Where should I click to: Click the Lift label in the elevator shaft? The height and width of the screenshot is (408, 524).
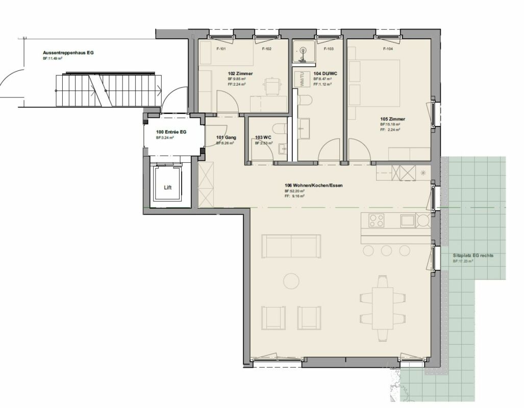[168, 187]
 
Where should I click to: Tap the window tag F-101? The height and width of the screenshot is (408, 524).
[221, 49]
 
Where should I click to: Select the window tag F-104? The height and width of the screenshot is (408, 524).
[388, 49]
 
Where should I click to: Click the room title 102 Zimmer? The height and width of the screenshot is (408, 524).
[240, 73]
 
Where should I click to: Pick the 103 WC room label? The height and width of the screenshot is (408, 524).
[263, 137]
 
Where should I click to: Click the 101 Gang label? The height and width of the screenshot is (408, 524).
[225, 137]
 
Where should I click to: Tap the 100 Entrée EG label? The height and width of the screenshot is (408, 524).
[171, 132]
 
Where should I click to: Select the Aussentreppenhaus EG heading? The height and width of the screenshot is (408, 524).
[68, 53]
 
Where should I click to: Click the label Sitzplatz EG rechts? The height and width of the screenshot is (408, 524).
[473, 256]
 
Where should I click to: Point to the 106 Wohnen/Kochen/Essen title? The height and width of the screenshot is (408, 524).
[313, 185]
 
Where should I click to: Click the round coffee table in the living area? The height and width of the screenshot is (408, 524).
[291, 281]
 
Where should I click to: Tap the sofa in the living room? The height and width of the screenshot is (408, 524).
[291, 246]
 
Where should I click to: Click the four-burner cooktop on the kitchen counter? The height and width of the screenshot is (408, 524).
[377, 220]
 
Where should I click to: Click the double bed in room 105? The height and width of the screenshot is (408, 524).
[373, 82]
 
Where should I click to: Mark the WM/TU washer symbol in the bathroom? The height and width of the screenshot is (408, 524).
[302, 81]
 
